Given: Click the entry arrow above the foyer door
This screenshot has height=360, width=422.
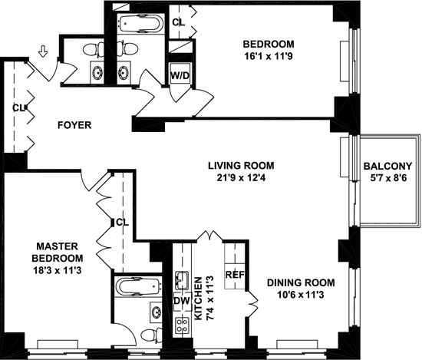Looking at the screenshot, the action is point(42,51).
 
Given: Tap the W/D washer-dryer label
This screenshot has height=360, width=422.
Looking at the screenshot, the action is point(180,76).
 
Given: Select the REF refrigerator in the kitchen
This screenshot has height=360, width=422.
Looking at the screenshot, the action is point(235,275).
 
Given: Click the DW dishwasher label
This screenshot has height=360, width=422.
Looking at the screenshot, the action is point(182,301).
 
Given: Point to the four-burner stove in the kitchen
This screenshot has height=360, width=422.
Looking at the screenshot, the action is point(182,325).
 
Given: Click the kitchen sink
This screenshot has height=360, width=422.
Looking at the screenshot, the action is point(182,280).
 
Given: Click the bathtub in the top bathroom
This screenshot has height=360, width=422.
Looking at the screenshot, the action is point(141,24).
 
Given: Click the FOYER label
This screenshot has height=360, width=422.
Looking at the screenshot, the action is point(74,125).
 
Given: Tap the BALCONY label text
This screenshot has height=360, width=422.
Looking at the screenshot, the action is point(387,166).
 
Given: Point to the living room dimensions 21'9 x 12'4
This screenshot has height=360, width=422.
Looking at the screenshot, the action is point(241,178).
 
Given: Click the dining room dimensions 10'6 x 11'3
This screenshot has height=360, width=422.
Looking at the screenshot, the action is point(301,295).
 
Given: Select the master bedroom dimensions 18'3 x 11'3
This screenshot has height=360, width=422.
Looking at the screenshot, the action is point(57,270).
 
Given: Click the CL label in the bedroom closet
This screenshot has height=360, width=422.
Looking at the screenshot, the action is point(179,22).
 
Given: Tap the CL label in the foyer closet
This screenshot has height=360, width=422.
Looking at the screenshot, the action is point(18,108).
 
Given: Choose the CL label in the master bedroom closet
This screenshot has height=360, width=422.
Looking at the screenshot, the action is point(123,223).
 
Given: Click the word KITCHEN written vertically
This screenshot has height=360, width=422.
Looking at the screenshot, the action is point(198,299).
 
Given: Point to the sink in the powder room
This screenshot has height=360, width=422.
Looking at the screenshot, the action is point(97,72).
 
